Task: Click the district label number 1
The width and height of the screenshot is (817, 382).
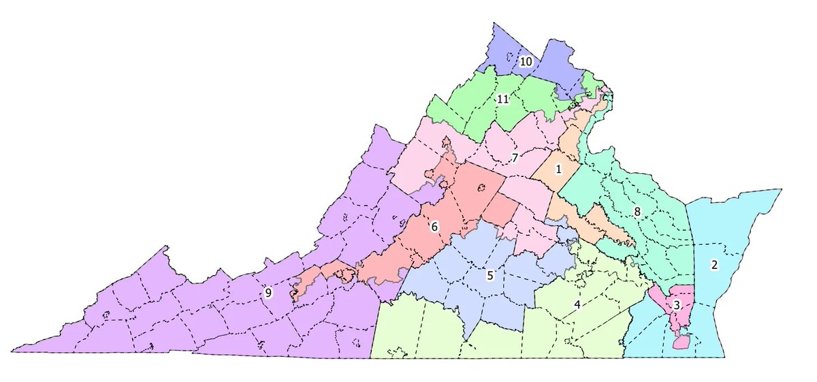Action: (558, 169)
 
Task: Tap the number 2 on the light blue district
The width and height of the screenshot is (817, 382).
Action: (714, 265)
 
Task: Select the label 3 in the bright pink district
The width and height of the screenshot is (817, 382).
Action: (675, 305)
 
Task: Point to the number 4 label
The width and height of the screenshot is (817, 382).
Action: (577, 304)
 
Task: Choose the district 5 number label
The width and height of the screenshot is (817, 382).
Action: (490, 276)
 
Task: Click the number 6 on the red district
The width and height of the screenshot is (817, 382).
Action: (434, 227)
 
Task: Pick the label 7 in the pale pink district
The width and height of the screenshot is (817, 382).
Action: (515, 159)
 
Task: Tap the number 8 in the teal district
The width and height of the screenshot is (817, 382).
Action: (637, 212)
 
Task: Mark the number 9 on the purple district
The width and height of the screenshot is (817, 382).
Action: (268, 293)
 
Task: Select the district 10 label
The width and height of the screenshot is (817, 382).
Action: (526, 62)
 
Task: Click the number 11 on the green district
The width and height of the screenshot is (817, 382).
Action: (502, 99)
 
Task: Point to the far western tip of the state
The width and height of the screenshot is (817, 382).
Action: (14, 351)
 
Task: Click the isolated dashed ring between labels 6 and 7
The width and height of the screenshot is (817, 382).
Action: (481, 188)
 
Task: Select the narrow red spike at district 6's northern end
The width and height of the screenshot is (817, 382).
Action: (447, 141)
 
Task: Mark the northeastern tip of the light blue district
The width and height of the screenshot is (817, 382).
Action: (780, 190)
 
